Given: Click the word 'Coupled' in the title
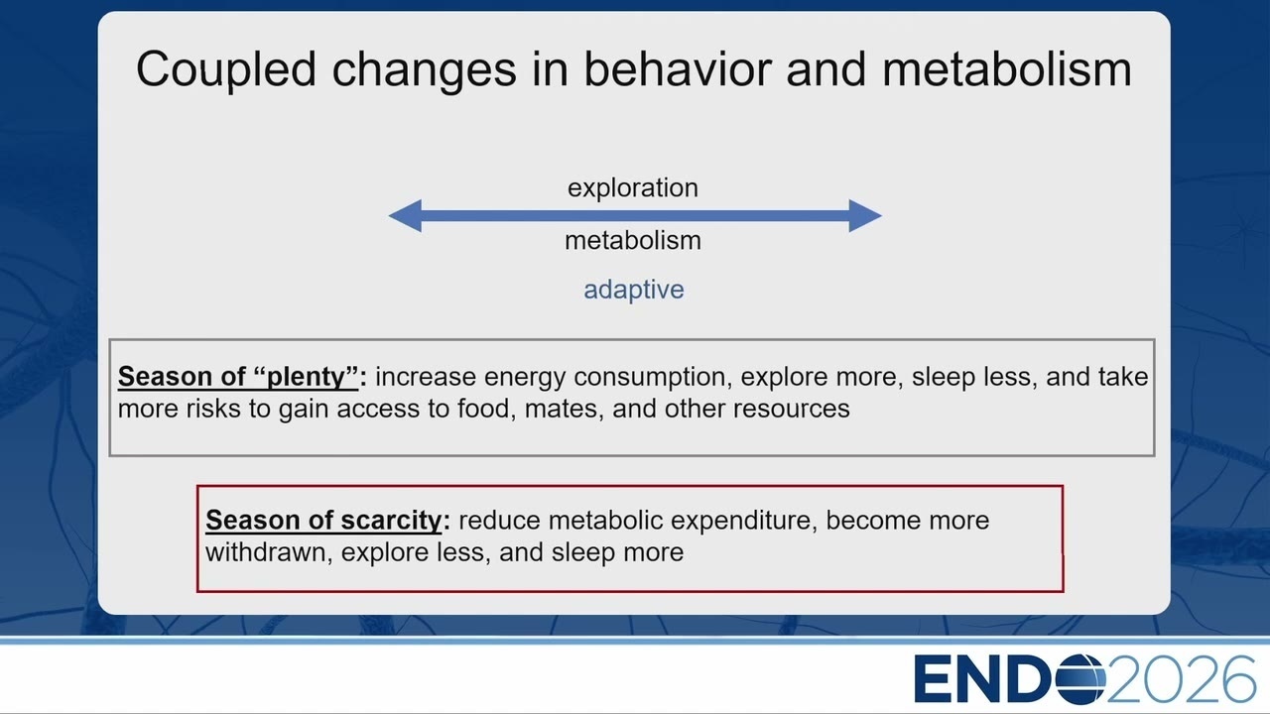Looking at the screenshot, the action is tap(226, 70).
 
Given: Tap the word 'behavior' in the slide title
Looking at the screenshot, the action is tap(678, 69).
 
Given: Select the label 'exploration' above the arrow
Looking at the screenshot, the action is tap(633, 188).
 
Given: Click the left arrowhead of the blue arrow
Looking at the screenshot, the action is tap(405, 215).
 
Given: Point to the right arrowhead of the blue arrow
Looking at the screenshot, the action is tap(865, 215).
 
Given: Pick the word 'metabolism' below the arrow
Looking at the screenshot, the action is tap(633, 240).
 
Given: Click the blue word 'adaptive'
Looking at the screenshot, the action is tap(634, 291).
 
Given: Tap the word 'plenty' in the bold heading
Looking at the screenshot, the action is tap(305, 378).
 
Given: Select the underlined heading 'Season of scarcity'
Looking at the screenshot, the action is tap(323, 521).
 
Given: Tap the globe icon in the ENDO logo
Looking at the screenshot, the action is tap(1080, 679).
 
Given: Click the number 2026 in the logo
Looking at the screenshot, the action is tap(1182, 679).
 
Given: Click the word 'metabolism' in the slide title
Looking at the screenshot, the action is tap(1007, 69).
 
